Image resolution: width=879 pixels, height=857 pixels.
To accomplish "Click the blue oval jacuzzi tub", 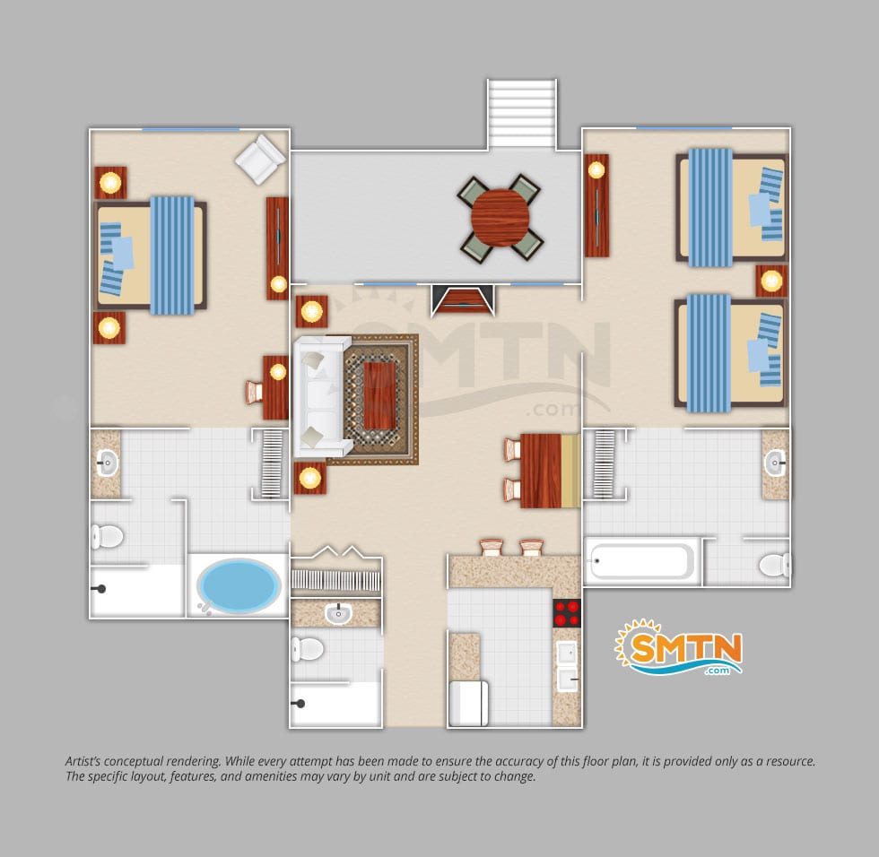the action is click(x=239, y=585).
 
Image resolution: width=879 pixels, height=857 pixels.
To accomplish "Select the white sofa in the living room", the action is click(x=322, y=396).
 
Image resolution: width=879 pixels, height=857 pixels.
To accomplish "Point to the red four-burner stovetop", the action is click(x=567, y=612).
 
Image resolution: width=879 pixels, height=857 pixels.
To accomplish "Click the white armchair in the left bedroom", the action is click(x=260, y=159).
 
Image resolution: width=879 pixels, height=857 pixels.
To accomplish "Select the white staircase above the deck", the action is click(x=522, y=114).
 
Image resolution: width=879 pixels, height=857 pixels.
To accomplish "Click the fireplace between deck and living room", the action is click(x=463, y=299).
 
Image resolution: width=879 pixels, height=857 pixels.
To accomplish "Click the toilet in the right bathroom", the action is click(x=775, y=565).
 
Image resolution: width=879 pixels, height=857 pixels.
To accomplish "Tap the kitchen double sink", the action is click(x=567, y=666).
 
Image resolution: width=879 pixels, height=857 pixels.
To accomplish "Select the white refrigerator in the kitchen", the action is click(x=468, y=703).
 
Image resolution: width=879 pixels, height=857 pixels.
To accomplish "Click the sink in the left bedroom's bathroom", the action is click(x=107, y=463).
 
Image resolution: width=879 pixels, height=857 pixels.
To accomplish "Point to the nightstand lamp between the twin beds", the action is click(x=771, y=281).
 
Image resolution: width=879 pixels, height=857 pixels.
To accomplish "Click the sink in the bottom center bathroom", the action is click(x=338, y=613).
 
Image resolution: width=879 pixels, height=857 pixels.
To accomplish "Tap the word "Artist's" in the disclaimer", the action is click(x=83, y=761).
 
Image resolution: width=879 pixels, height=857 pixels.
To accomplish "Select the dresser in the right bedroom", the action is click(x=596, y=205).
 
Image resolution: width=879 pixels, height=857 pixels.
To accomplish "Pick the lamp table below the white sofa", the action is click(x=310, y=478).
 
